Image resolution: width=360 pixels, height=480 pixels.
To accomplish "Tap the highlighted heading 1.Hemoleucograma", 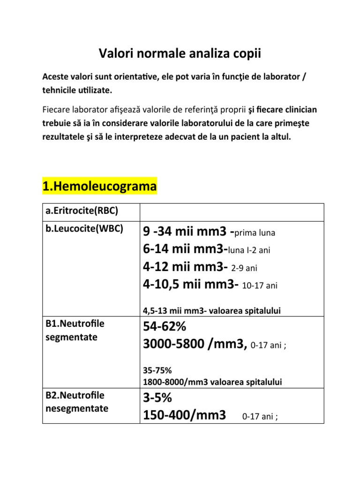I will [99, 187].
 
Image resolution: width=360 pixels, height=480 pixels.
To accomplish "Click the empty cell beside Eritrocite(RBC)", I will [232, 212].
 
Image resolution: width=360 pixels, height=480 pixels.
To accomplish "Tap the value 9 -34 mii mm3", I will [185, 232].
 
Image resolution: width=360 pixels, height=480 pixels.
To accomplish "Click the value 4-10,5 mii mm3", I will [190, 285].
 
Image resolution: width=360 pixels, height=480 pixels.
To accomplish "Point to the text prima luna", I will [255, 233].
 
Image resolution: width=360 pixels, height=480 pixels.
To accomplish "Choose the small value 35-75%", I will [155, 370].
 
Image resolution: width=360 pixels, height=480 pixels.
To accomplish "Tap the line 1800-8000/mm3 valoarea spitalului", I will [212, 382].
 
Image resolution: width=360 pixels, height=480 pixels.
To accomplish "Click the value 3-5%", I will [157, 398].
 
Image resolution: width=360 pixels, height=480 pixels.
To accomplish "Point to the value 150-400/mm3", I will [184, 415].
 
